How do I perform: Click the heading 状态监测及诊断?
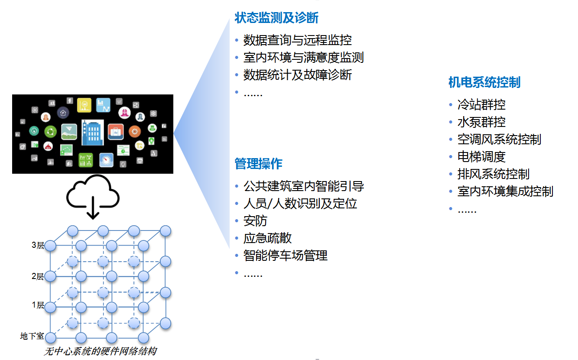point(276,18)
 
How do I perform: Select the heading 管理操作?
point(258,164)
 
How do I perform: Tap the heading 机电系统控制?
point(484,82)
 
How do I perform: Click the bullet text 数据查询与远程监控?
point(298,40)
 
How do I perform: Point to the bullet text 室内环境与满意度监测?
point(303,57)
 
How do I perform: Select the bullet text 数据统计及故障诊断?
point(298,75)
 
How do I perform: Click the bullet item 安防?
point(255,221)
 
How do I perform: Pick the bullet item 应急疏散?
point(267,238)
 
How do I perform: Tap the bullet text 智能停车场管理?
point(286,256)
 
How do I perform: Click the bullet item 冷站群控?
point(481,105)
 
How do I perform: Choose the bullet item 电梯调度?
point(481,157)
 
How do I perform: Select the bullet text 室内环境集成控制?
point(505,191)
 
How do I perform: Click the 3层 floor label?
point(38,245)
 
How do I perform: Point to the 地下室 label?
point(32,336)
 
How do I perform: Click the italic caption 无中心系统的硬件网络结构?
point(101,351)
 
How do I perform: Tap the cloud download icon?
point(93,197)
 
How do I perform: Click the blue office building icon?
point(93,133)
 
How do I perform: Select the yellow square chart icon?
point(84,105)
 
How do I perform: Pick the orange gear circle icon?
point(135,132)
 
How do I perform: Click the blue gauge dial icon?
point(106,160)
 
